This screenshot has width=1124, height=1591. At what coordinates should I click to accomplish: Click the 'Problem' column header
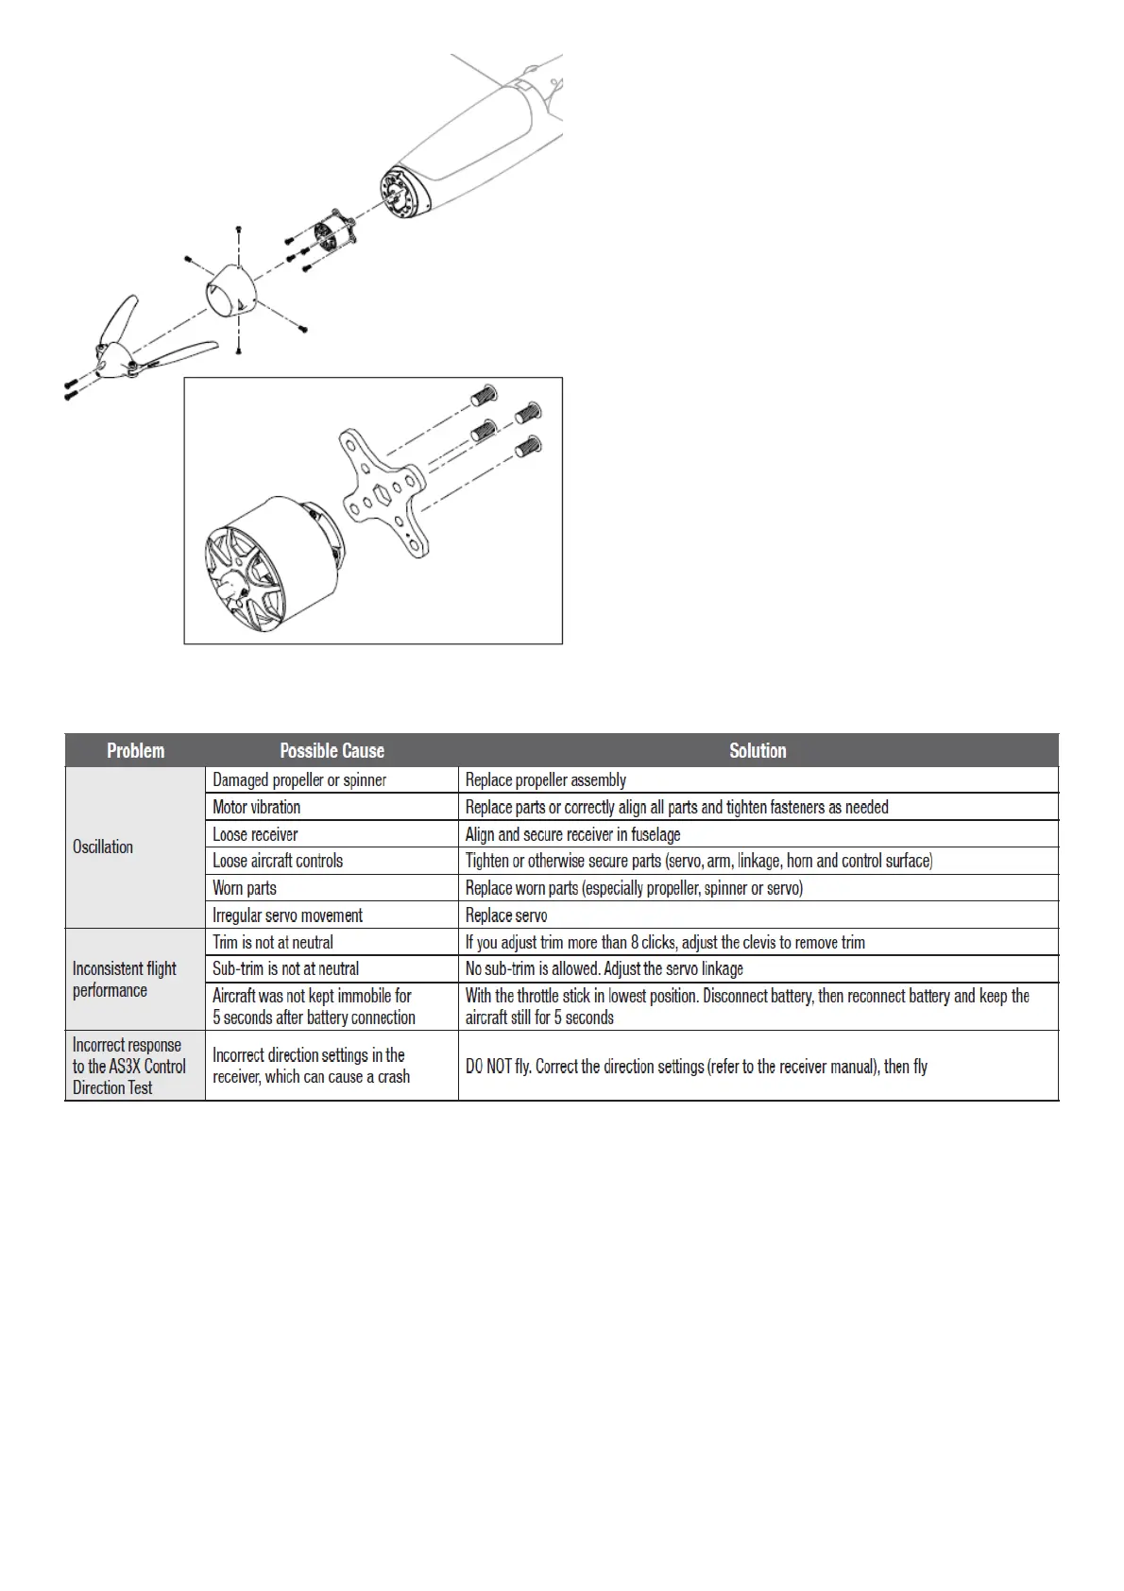[135, 751]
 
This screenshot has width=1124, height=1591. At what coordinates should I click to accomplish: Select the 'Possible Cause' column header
[332, 751]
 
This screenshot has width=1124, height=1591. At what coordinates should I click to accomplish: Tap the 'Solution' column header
[758, 751]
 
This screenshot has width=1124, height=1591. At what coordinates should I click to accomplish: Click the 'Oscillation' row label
[103, 847]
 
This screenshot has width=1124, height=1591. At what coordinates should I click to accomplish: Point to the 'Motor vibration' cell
[257, 807]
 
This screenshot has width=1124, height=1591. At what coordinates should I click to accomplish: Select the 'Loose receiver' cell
[255, 834]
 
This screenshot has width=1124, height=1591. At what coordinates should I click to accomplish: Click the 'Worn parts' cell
[245, 888]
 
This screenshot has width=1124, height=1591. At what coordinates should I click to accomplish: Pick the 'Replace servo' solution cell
[506, 915]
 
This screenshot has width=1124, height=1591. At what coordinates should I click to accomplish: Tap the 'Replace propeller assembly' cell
[546, 780]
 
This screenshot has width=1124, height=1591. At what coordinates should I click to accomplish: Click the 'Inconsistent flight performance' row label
[124, 980]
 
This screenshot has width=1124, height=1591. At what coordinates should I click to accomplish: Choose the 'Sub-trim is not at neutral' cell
[285, 968]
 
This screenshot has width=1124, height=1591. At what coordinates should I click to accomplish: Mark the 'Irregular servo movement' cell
[288, 915]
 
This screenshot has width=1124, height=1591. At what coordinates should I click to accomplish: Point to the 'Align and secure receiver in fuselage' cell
[572, 834]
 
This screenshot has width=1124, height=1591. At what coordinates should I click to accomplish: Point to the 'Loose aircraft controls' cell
[278, 861]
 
